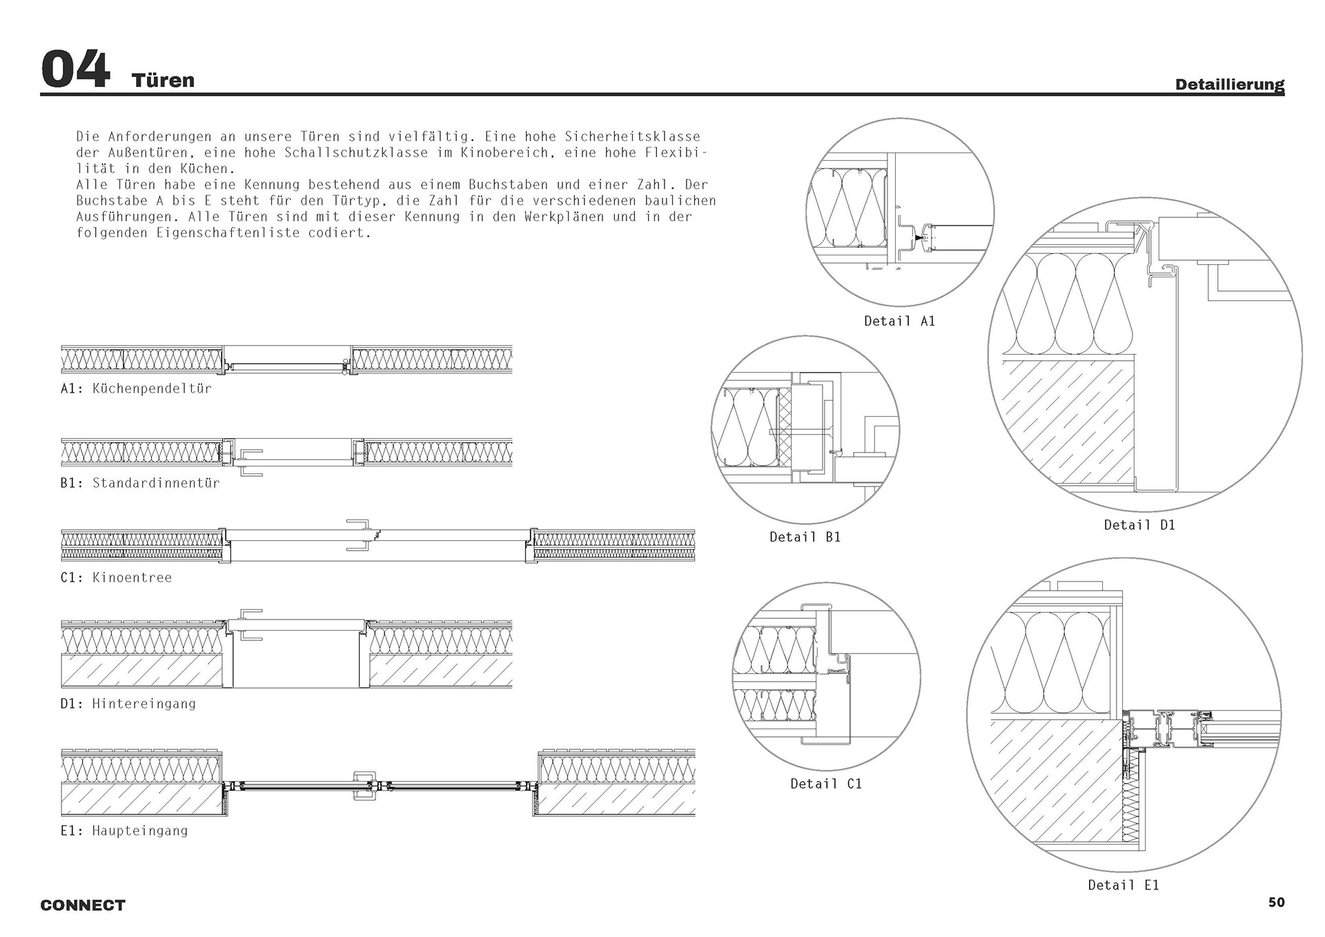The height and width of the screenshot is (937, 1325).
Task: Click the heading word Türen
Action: pos(163,80)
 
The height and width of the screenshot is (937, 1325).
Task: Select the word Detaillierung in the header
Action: pos(1229,85)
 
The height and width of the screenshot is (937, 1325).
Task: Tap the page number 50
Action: pos(1276,902)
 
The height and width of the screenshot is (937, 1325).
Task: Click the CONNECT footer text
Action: pos(83,905)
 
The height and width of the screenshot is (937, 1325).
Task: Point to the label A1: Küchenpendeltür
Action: pos(136,388)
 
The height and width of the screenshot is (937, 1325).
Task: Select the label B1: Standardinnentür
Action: pos(140,483)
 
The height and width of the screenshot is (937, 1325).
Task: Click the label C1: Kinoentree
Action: pos(116,578)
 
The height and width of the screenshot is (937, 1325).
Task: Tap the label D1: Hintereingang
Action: pos(128,704)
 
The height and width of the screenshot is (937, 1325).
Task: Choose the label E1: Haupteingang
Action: pos(124,831)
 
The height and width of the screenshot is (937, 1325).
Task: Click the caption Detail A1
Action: pos(899,321)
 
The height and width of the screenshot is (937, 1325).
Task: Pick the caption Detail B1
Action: pos(805,537)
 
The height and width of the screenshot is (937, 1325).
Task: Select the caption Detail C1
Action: pos(825,784)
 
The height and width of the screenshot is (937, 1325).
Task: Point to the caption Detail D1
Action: pos(1139,525)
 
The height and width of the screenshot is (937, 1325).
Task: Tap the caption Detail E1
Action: pos(1123,885)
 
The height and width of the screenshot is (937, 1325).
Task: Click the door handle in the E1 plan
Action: pos(364,785)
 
